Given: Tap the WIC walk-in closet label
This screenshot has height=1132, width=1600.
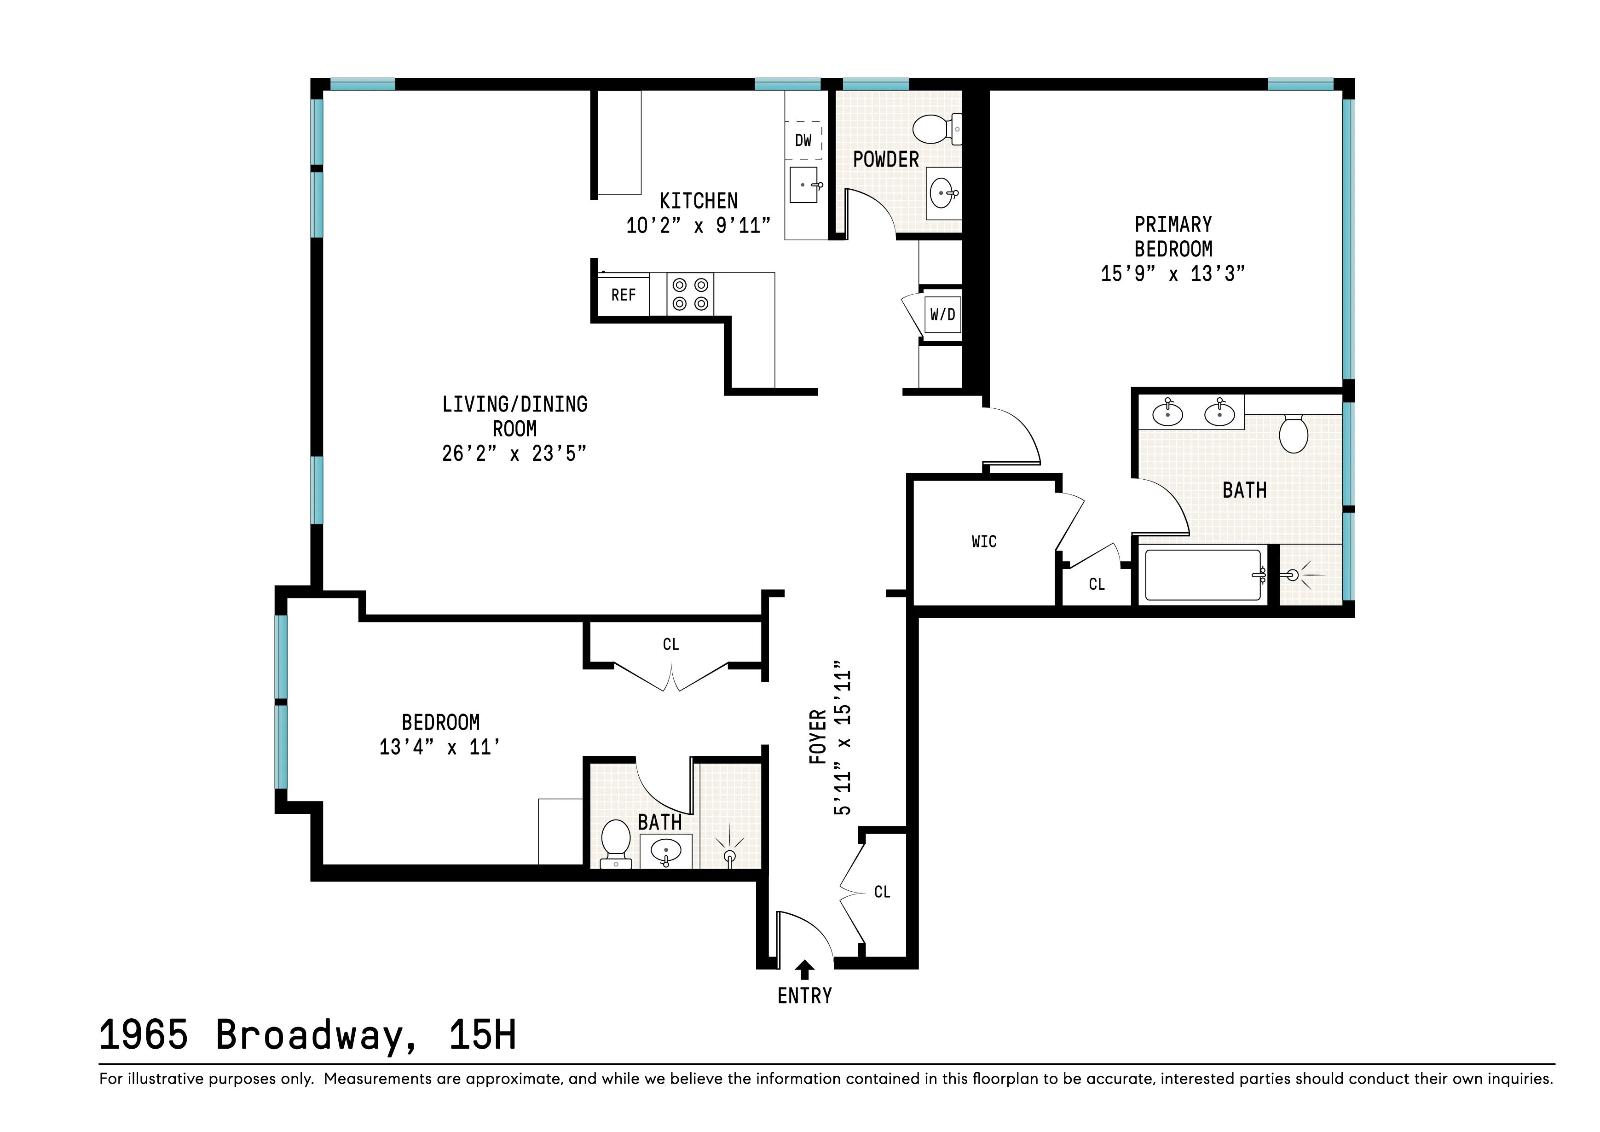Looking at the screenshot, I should click(x=984, y=542).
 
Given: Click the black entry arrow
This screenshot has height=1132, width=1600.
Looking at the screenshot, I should click(x=805, y=969).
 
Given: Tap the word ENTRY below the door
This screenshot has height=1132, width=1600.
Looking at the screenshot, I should click(x=805, y=996).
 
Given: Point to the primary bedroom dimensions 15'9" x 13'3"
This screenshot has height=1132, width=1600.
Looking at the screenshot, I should click(x=1173, y=274).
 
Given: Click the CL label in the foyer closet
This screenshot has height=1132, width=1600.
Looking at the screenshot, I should click(x=882, y=892).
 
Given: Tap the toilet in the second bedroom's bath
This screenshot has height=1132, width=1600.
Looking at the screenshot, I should click(x=616, y=842).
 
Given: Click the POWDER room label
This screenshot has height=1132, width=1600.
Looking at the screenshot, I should click(x=886, y=160).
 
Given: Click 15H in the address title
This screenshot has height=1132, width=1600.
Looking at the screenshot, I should click(x=482, y=1035).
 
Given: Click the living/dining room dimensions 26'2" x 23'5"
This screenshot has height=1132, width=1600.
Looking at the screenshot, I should click(x=514, y=454).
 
